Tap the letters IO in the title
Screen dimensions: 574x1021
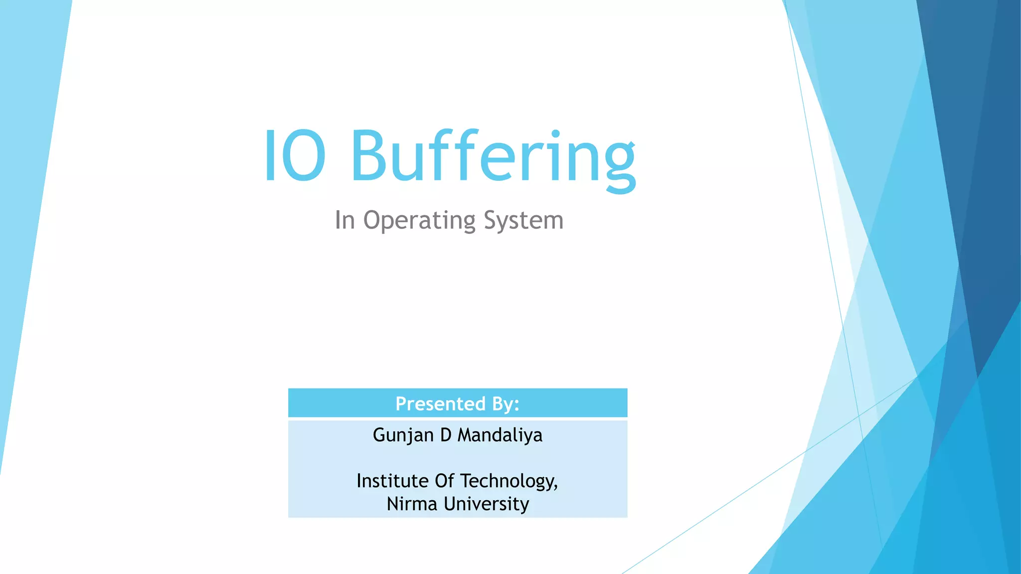pyautogui.click(x=295, y=155)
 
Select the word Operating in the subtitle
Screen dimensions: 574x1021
pyautogui.click(x=419, y=221)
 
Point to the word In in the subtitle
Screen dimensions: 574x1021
pyautogui.click(x=344, y=220)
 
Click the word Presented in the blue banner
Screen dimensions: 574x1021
pyautogui.click(x=440, y=404)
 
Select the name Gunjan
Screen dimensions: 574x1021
pyautogui.click(x=403, y=435)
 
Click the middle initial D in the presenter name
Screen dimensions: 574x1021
pyautogui.click(x=446, y=435)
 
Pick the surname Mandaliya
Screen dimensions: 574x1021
pyautogui.click(x=500, y=435)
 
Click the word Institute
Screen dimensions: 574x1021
pyautogui.click(x=392, y=481)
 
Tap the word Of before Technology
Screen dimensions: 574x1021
pyautogui.click(x=444, y=481)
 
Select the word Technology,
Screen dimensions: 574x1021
pyautogui.click(x=509, y=481)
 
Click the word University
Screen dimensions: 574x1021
pyautogui.click(x=486, y=504)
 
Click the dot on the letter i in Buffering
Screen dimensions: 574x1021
pyautogui.click(x=555, y=135)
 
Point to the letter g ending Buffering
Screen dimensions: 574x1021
pyautogui.click(x=620, y=164)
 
